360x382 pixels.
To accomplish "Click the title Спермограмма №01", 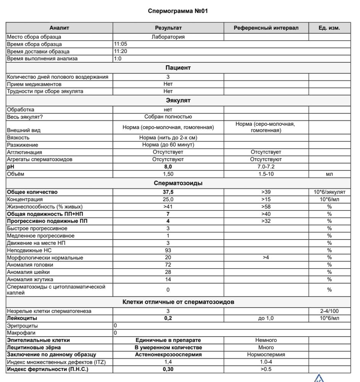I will coord(178,11).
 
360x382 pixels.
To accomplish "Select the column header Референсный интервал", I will coord(266,28).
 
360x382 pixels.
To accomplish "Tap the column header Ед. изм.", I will coord(329,28).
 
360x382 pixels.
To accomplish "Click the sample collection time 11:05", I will coord(121,44).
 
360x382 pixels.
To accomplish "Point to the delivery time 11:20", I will coord(121,52).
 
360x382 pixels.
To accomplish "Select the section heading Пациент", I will coord(178,68).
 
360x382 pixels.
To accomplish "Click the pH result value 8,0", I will coord(168,167).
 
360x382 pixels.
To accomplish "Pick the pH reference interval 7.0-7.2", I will coord(266,167).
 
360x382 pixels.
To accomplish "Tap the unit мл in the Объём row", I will coord(329,174).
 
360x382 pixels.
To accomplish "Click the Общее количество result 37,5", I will coord(168,192).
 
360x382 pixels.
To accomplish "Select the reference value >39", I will coord(266,192).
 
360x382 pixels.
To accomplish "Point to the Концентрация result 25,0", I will coord(168,199).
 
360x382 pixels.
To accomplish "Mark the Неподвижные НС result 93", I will coord(168,250).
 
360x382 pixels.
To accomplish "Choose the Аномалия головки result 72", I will coord(168,265).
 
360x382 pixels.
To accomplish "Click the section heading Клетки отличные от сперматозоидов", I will coord(178,302).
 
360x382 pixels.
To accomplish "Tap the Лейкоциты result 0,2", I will coord(168,318).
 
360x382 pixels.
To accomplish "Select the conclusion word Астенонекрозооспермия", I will coord(168,354).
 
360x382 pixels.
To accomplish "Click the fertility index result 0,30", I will coord(168,369).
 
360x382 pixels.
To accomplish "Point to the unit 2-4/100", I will coord(329,311).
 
